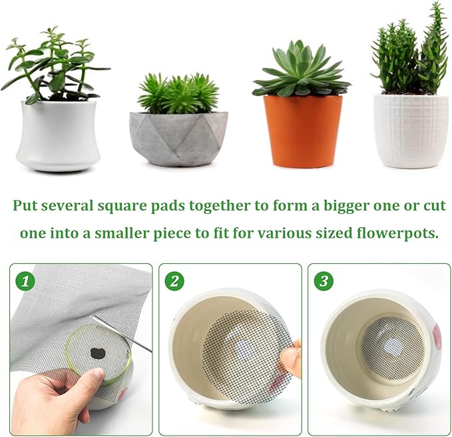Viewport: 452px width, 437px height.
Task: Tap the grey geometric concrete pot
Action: click(178, 136)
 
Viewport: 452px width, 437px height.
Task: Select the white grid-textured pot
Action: click(410, 130)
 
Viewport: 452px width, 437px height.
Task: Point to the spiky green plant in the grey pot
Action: click(178, 93)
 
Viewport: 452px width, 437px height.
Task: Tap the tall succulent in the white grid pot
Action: click(411, 53)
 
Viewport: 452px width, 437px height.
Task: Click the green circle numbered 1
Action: click(25, 280)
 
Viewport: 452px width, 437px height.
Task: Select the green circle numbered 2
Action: click(174, 280)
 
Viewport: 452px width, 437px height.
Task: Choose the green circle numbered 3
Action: click(323, 280)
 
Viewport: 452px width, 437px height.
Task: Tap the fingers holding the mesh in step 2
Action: click(291, 360)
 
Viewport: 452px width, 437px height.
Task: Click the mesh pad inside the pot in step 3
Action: click(393, 347)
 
